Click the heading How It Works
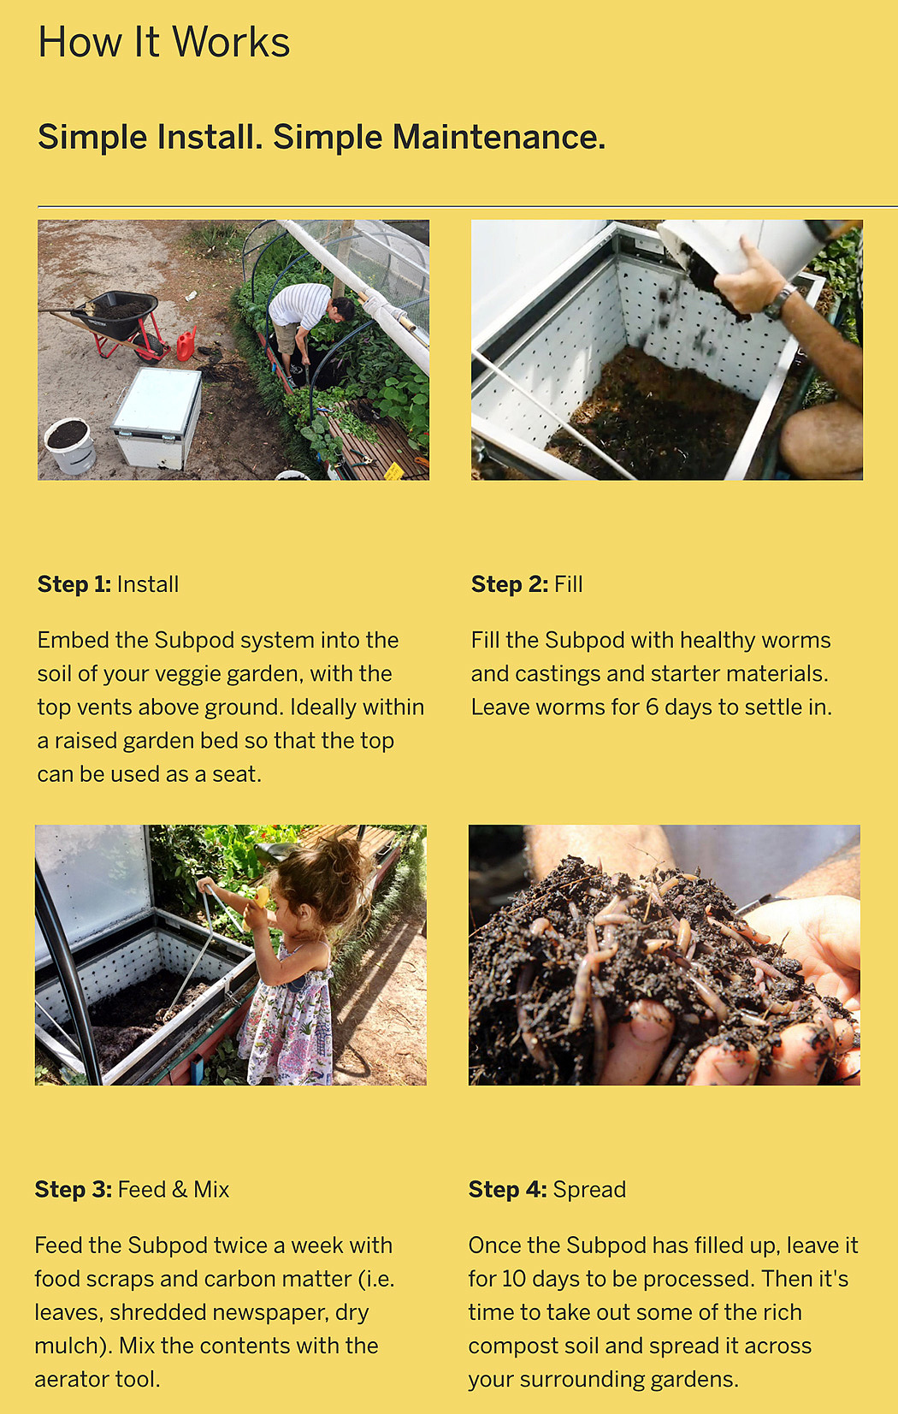click(164, 42)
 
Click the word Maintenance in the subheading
click(499, 137)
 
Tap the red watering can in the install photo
click(186, 343)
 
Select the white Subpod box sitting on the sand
click(157, 418)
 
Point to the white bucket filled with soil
click(69, 445)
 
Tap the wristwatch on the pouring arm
click(777, 302)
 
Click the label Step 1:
click(74, 584)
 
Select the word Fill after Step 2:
click(569, 584)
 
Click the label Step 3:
click(74, 1190)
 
